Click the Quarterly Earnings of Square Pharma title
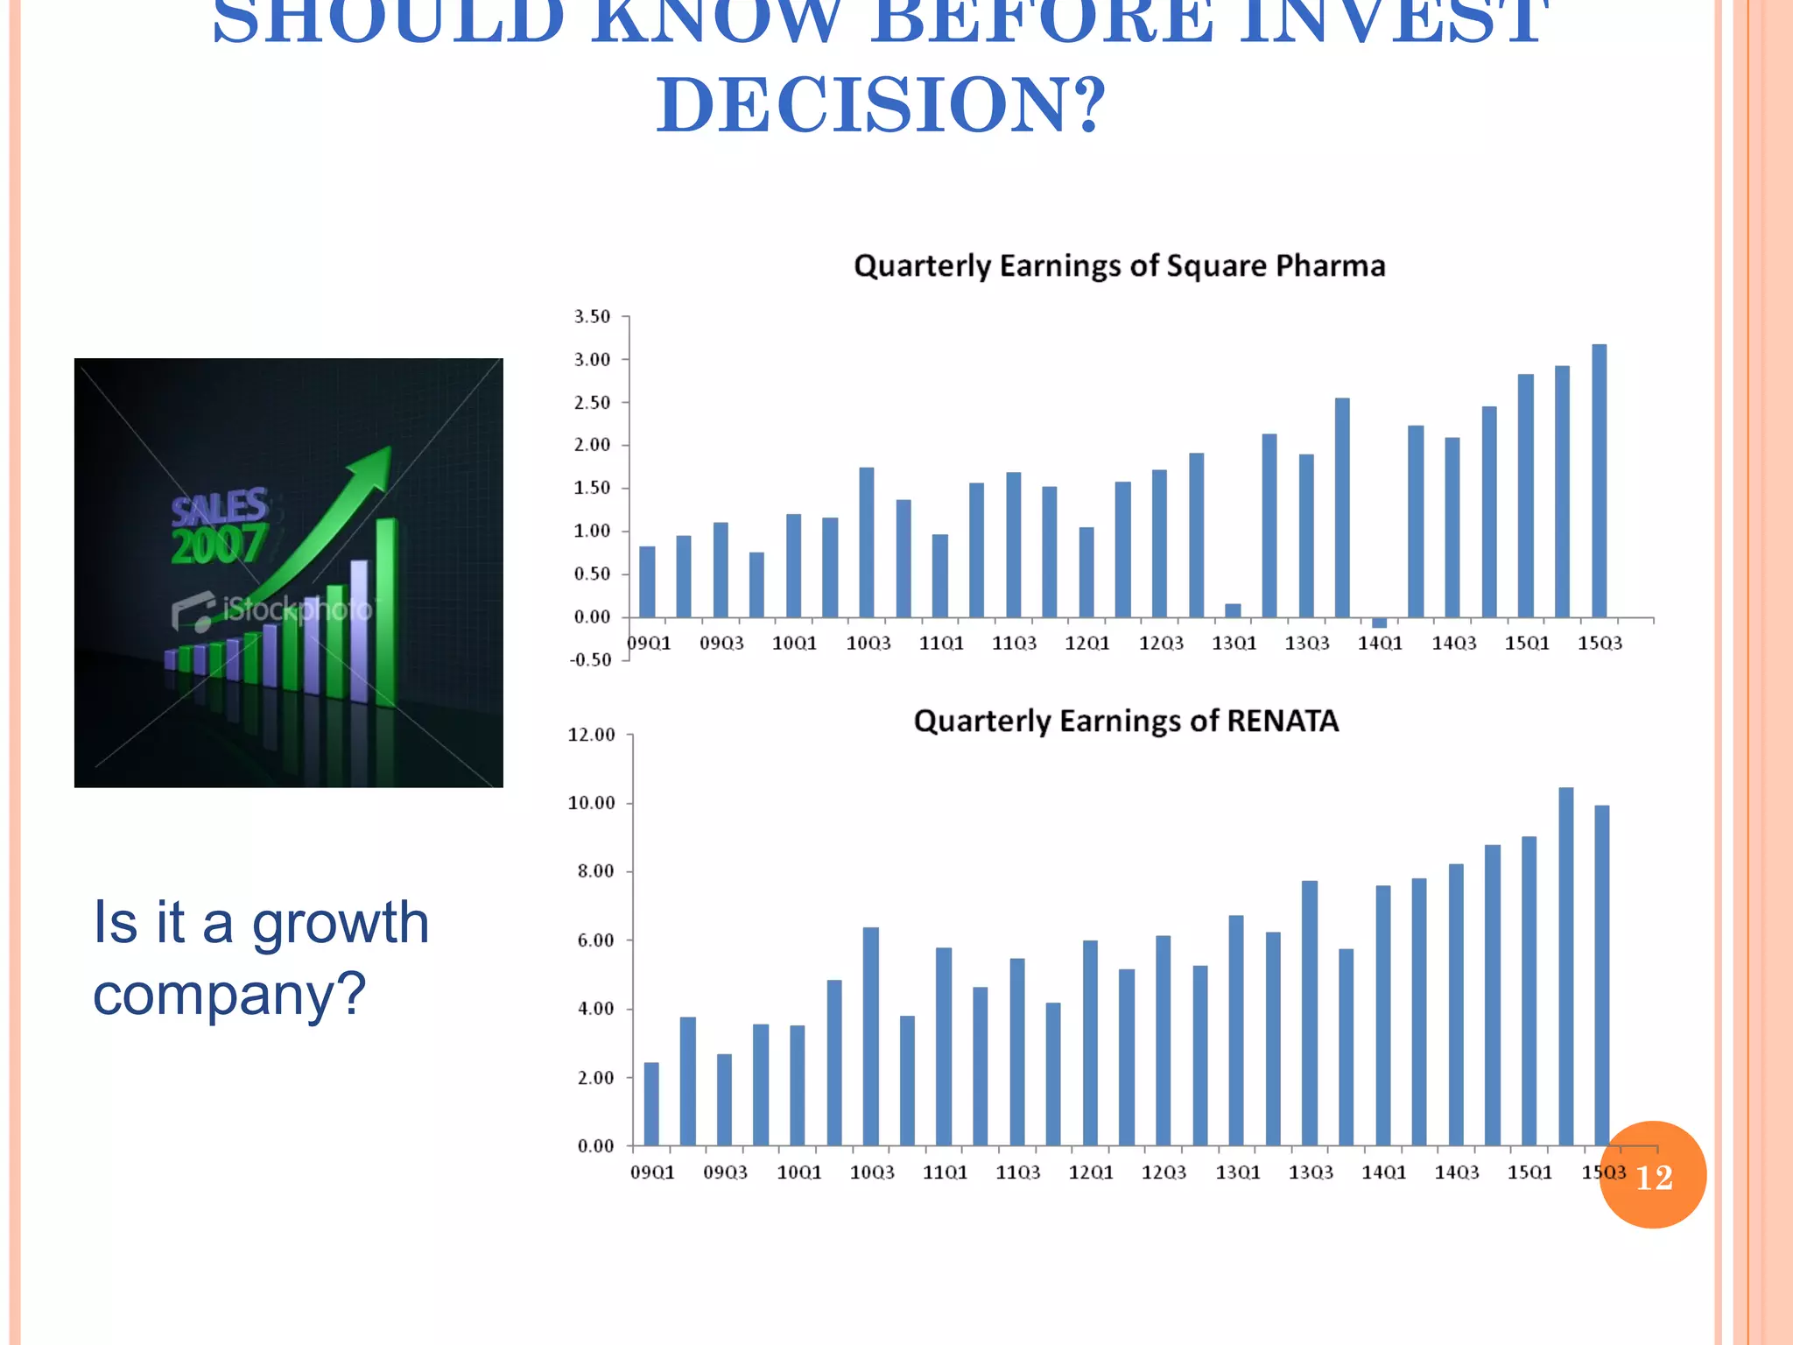click(1119, 266)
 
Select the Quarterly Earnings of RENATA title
click(1126, 721)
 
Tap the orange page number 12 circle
click(1653, 1175)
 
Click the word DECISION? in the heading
click(882, 105)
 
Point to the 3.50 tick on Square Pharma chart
click(592, 317)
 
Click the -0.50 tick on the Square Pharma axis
click(590, 660)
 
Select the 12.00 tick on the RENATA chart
click(591, 736)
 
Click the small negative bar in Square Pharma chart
click(1379, 623)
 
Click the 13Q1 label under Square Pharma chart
click(1234, 644)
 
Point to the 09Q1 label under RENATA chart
click(652, 1172)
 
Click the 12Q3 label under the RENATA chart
click(1164, 1172)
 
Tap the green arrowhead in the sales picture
click(376, 464)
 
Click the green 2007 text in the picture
click(218, 546)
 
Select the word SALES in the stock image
click(219, 506)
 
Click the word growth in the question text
click(341, 923)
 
